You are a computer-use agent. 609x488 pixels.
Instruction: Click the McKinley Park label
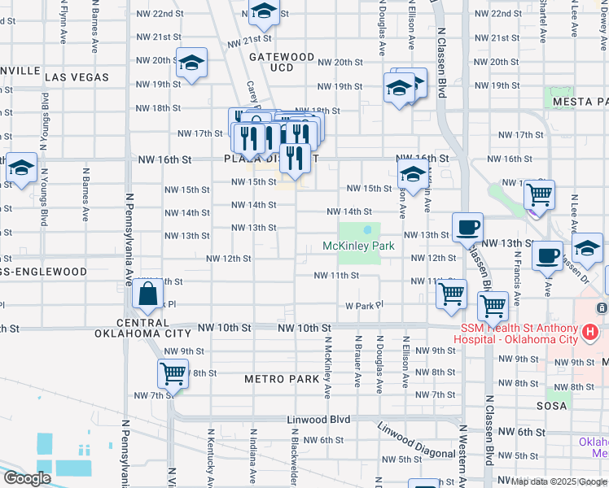358,246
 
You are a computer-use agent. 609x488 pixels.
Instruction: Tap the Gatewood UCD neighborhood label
281,62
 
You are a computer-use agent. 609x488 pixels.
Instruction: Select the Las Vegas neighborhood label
77,77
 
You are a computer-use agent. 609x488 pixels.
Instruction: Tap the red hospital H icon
590,332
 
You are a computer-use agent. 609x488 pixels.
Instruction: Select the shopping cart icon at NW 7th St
173,374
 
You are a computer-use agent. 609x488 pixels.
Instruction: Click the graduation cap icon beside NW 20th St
191,64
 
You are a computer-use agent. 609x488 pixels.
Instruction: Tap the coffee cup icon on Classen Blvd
467,228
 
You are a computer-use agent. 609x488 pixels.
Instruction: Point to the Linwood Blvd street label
318,420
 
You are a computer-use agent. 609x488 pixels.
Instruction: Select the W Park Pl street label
363,306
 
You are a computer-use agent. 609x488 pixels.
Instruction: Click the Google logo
27,478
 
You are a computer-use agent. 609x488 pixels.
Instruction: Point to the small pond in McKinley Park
367,229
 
